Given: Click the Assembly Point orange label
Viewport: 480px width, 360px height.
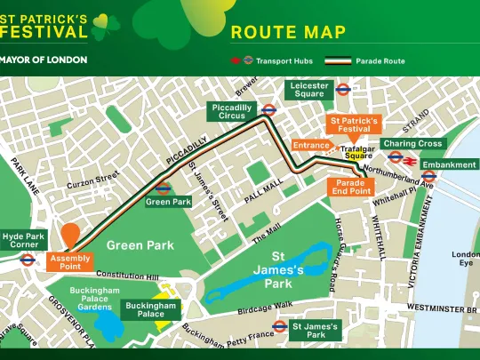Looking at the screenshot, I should coord(69,261).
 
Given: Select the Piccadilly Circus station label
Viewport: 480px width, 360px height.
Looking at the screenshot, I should coord(232,111).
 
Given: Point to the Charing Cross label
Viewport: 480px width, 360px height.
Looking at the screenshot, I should coord(412,143).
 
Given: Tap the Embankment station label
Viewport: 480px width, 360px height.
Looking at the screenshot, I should coord(449,164).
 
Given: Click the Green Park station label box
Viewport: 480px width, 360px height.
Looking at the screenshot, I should coord(168,202).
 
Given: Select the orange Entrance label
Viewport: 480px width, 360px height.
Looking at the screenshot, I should coord(311,145).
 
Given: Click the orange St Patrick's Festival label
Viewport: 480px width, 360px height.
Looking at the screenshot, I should coord(355,124).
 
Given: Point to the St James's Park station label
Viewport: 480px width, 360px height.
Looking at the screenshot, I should coord(316,330).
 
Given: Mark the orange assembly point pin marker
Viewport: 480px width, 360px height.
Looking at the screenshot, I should coord(70,236).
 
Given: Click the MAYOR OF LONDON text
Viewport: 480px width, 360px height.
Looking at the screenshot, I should coord(44,60).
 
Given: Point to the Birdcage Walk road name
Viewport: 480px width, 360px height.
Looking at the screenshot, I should coord(265,308).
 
